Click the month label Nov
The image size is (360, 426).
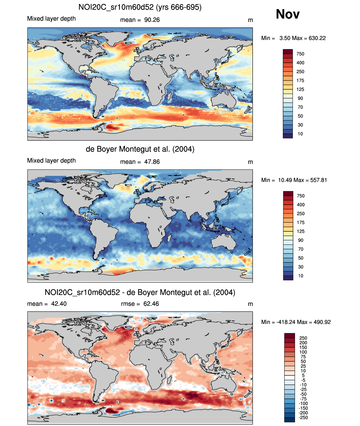pyautogui.click(x=287, y=14)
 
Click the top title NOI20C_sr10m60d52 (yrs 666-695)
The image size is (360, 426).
pyautogui.click(x=140, y=7)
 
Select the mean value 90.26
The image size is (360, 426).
pyautogui.click(x=152, y=20)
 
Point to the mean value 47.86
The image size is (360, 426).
pyautogui.click(x=152, y=162)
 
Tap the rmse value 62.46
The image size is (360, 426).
pyautogui.click(x=151, y=304)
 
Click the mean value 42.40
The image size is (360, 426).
pyautogui.click(x=59, y=304)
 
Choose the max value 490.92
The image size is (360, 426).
pyautogui.click(x=322, y=322)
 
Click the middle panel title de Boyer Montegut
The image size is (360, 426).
pyautogui.click(x=140, y=149)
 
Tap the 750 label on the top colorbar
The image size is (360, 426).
pyautogui.click(x=300, y=54)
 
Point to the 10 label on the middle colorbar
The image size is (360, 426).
pyautogui.click(x=301, y=276)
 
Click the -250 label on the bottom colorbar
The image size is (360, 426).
pyautogui.click(x=303, y=418)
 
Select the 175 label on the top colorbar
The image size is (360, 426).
pyautogui.click(x=300, y=80)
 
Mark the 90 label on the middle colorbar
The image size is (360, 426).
pyautogui.click(x=301, y=240)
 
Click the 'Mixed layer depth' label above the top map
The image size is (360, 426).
pyautogui.click(x=52, y=19)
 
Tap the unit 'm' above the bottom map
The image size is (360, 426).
pyautogui.click(x=250, y=304)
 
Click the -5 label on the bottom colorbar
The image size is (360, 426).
pyautogui.click(x=303, y=380)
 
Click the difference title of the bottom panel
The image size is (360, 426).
pyautogui.click(x=140, y=293)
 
